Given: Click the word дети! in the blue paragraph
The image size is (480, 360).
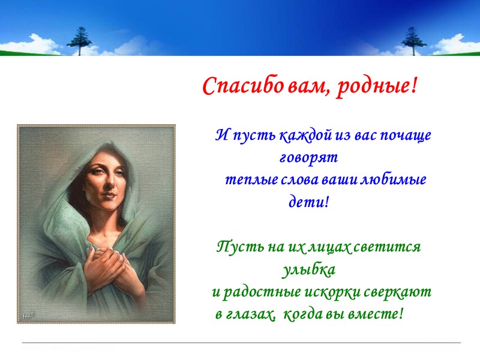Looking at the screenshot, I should (310, 202).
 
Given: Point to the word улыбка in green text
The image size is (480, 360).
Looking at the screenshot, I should (308, 269).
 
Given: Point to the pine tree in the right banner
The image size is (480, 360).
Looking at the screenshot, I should (412, 40).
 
